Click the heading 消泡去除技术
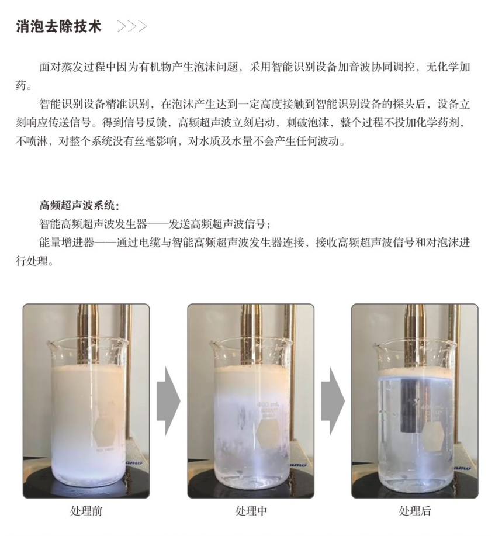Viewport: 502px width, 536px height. [x=59, y=26]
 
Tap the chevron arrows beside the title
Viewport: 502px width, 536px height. [x=132, y=26]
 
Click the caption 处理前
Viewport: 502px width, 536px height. [x=86, y=511]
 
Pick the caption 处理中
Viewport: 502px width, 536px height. [x=251, y=511]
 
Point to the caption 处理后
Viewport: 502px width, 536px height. [x=415, y=511]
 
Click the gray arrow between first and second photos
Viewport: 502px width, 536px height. [x=168, y=401]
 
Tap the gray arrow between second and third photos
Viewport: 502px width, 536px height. [x=333, y=401]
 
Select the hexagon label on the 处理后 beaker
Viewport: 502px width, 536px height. [x=433, y=435]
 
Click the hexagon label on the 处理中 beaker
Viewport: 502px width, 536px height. [x=269, y=434]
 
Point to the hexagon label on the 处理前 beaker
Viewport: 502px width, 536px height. [x=103, y=431]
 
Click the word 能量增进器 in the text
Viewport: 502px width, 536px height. [x=66, y=243]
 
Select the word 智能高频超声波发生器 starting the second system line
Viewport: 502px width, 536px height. [x=94, y=224]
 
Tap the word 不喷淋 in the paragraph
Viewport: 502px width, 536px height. [x=32, y=141]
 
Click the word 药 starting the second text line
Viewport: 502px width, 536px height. [x=21, y=85]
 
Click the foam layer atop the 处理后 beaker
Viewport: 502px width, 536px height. [x=416, y=373]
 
